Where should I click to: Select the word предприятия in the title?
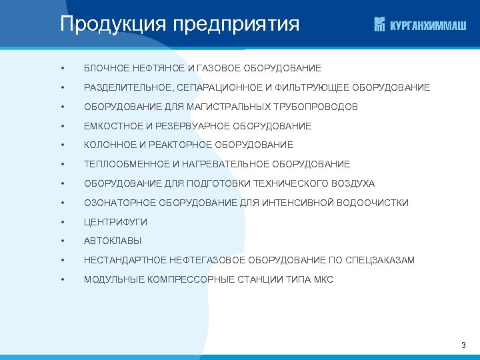click(x=236, y=25)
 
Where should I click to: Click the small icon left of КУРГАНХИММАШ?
click(x=380, y=25)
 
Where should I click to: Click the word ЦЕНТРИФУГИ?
click(x=115, y=222)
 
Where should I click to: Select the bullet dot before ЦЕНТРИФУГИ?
click(x=61, y=222)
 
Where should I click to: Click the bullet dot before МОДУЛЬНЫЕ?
click(x=61, y=279)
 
